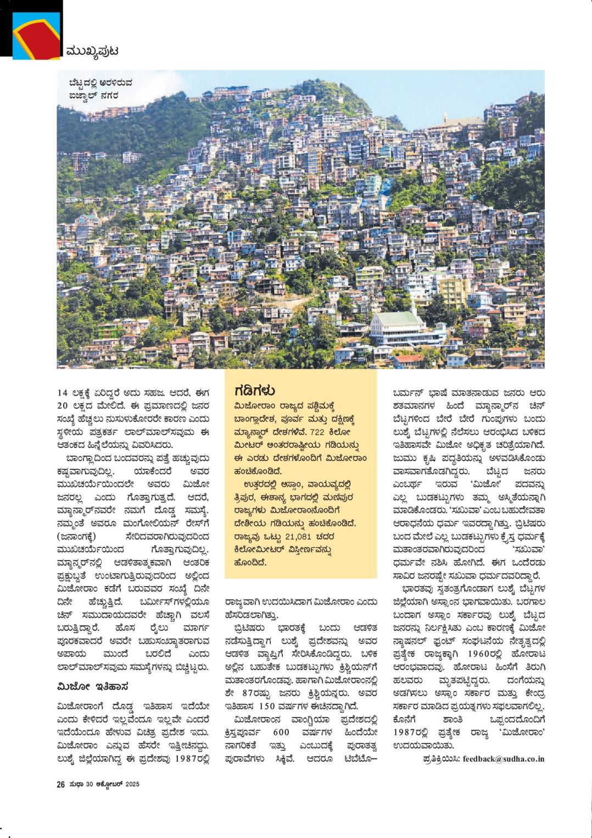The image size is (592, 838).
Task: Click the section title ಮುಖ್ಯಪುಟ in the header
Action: pyautogui.click(x=92, y=51)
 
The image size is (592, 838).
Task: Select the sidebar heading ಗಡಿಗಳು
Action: pyautogui.click(x=254, y=391)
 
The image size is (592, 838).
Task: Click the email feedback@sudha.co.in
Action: pyautogui.click(x=503, y=759)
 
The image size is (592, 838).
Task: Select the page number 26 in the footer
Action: pyautogui.click(x=61, y=784)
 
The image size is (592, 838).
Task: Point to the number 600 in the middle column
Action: pyautogui.click(x=281, y=733)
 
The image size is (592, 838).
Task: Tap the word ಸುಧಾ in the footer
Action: pyautogui.click(x=76, y=784)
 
